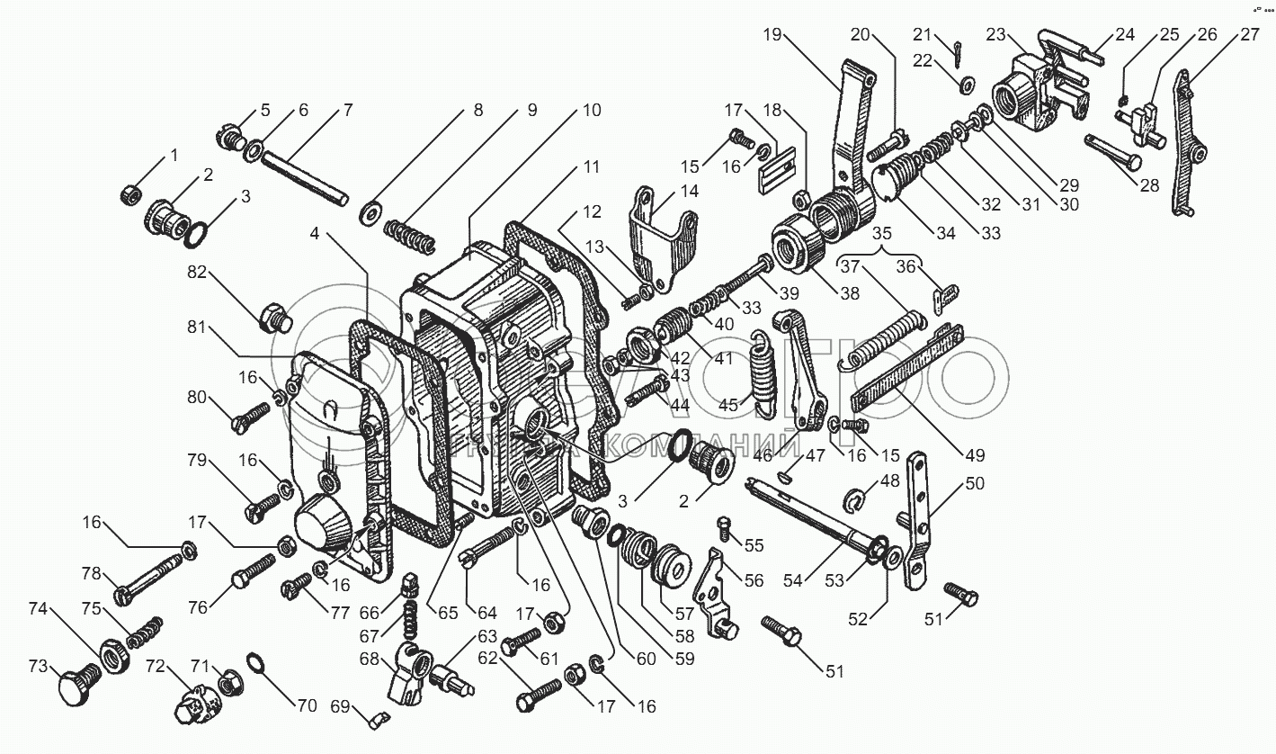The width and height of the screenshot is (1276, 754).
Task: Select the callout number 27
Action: tap(1249, 37)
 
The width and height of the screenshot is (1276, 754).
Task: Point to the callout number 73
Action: tap(38, 667)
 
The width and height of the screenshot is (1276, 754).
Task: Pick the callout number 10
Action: tap(590, 111)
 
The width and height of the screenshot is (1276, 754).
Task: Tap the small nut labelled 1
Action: tap(128, 192)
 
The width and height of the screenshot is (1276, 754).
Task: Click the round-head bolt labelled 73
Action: tap(75, 690)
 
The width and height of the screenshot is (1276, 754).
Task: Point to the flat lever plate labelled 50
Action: tap(917, 522)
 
